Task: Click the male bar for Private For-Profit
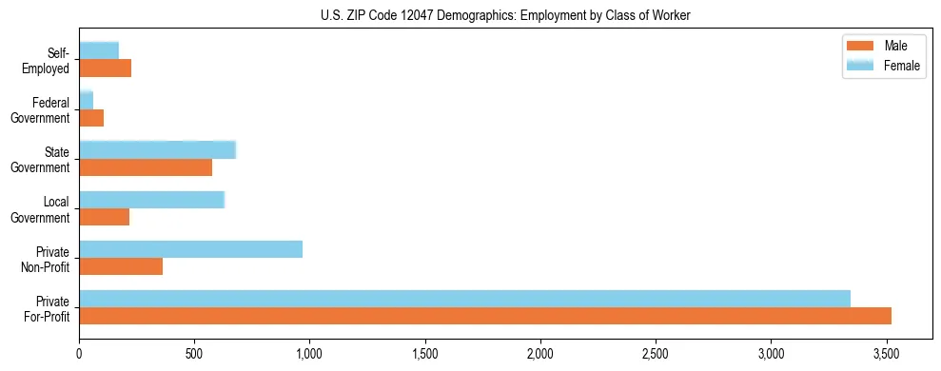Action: click(x=485, y=316)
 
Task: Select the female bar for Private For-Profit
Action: click(x=464, y=299)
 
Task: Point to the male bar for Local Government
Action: click(x=104, y=217)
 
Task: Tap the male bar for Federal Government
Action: click(x=91, y=118)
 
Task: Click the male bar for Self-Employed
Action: click(x=105, y=68)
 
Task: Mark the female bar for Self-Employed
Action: click(x=99, y=50)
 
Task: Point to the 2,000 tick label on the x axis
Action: click(x=540, y=354)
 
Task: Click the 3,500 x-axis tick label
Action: click(x=886, y=354)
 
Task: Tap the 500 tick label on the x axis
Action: click(x=194, y=354)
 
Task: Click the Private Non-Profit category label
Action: click(x=45, y=259)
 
